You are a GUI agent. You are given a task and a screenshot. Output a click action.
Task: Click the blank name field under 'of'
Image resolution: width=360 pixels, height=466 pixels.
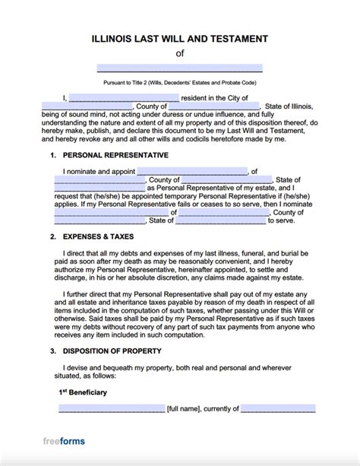coord(180,68)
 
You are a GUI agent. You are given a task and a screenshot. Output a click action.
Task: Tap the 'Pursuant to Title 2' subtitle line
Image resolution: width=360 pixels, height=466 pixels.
coord(180,81)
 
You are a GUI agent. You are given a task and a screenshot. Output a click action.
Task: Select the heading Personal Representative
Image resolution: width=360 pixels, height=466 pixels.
coord(116,155)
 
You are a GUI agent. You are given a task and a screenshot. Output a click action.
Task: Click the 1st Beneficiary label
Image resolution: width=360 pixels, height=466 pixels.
coord(85,392)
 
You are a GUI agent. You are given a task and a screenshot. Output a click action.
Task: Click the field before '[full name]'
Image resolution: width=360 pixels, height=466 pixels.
coord(111,409)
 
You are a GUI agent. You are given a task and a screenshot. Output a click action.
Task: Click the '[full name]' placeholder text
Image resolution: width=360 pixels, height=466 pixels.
coord(186,409)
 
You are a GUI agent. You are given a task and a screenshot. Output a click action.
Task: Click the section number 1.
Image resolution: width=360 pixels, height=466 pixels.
coord(52,155)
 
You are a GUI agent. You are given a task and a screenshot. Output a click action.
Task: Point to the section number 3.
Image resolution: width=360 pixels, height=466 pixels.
coord(52,353)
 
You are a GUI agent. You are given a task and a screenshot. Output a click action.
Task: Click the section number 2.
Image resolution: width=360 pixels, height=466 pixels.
coord(52,236)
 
